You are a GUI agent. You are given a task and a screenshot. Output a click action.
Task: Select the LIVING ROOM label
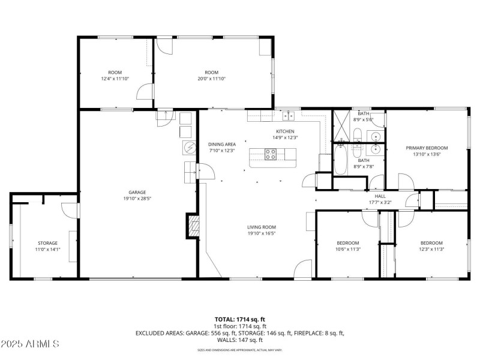coord(262,227)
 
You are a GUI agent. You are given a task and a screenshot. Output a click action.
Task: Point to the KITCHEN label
coord(285,131)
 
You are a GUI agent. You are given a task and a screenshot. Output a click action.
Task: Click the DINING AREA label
coord(222,145)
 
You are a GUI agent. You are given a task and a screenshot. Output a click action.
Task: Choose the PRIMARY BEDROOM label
coord(427,148)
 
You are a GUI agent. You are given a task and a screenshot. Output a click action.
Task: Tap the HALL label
coord(380,196)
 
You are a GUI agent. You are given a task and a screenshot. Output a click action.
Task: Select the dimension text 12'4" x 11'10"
coord(115,79)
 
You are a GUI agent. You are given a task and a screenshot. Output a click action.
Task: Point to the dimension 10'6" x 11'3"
coord(347,249)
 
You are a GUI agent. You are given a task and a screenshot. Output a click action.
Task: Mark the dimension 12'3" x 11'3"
coord(431,249)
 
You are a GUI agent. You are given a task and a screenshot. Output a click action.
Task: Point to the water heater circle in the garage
coord(188,147)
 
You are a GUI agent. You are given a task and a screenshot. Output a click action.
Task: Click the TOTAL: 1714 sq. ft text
coord(240,319)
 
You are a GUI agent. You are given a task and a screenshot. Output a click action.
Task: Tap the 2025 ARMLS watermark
coord(30,344)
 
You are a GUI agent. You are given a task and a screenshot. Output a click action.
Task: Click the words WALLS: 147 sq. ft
coord(240,340)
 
